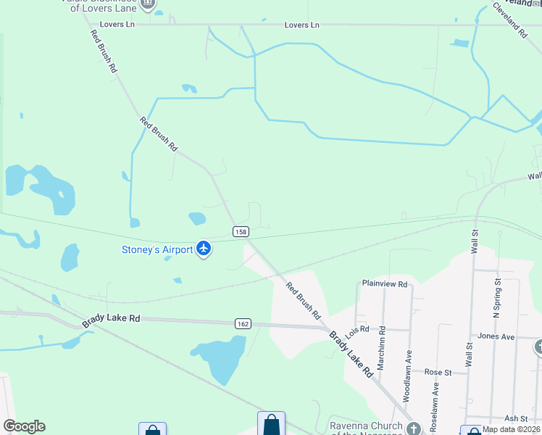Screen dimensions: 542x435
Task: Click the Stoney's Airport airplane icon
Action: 204,249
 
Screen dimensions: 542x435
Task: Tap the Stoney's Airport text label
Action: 157,250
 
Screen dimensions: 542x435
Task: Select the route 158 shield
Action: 241,231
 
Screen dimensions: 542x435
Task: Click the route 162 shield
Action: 242,323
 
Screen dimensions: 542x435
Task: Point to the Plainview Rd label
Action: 385,284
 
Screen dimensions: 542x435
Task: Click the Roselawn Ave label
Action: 435,399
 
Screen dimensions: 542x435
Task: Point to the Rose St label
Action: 438,372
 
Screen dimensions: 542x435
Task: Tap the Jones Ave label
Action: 496,336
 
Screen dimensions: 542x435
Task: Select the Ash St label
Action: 516,418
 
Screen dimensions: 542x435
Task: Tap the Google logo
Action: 24,426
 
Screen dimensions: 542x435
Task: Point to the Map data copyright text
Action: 512,429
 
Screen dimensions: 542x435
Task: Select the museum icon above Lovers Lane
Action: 148,4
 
